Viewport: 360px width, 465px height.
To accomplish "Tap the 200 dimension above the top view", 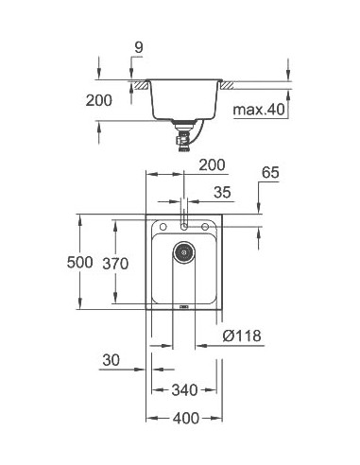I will point(213,165).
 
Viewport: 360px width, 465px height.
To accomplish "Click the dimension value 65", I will point(270,174).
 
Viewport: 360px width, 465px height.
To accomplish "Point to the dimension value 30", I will point(111,359).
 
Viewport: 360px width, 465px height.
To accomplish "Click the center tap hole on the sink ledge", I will point(184,227).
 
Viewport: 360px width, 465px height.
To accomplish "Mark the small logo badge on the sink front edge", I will point(184,305).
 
